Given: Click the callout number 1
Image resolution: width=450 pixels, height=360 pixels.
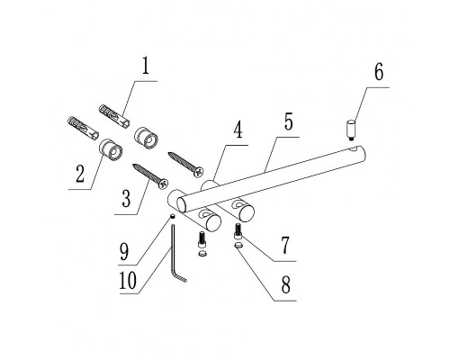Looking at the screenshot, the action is click(146, 67).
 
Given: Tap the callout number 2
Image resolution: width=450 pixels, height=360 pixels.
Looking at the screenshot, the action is click(80, 174).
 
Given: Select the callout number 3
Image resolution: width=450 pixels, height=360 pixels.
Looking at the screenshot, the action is click(126, 198).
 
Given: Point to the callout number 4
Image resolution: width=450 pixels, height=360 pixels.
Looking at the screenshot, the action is click(238, 130).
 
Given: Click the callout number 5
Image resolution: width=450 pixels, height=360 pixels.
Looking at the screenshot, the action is click(288, 121).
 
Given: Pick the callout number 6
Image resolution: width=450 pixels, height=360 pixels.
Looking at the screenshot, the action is click(379, 72).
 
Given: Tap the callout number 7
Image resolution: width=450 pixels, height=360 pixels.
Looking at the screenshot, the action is click(285, 245).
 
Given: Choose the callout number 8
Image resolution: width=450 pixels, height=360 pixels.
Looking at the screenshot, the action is click(286, 284).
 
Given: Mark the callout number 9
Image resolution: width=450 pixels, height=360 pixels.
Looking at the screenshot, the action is click(123, 251).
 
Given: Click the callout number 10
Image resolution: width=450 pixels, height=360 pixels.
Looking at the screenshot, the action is click(128, 281).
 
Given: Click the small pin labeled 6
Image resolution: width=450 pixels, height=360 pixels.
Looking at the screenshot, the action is click(351, 130).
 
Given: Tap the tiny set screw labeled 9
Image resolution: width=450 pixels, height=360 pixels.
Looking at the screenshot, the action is click(173, 216).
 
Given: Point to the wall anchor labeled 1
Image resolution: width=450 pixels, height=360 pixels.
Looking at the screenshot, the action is click(114, 116).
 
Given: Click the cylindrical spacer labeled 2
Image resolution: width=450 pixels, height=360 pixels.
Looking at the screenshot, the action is click(111, 150).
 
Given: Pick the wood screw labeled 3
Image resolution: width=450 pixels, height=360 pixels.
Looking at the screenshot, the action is click(150, 176).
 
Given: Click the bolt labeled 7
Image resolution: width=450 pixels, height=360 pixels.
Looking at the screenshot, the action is click(238, 231).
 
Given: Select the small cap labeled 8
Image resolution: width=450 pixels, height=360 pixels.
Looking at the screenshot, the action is click(238, 246).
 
